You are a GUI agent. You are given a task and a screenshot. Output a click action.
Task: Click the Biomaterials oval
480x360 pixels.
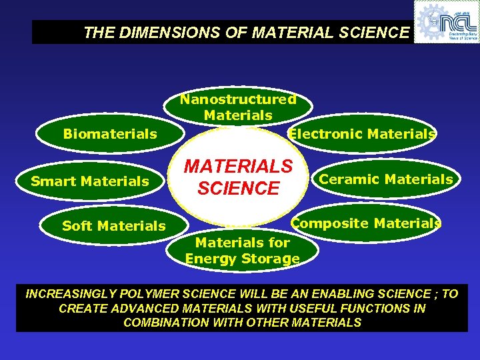(x=109, y=135)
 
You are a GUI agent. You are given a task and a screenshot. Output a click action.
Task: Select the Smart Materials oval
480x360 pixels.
(x=90, y=181)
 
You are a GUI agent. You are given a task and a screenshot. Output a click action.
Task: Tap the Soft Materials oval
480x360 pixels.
(x=113, y=226)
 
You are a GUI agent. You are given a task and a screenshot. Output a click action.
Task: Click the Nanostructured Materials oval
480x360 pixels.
(x=238, y=107)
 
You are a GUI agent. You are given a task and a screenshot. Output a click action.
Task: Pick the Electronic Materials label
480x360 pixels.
(x=361, y=134)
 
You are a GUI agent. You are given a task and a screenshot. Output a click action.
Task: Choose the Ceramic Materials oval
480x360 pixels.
(x=385, y=179)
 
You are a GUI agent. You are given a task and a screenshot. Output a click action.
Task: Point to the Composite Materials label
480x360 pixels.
(x=366, y=223)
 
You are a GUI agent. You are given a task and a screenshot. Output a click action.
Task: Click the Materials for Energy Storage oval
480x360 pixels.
(x=242, y=251)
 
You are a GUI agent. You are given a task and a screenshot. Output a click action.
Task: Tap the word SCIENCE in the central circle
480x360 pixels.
(x=238, y=189)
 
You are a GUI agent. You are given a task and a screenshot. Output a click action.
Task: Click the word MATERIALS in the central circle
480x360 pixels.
(x=238, y=166)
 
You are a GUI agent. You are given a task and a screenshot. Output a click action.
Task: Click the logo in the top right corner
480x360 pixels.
(x=446, y=22)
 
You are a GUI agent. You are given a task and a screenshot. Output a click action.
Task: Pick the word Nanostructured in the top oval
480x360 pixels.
(x=238, y=99)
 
